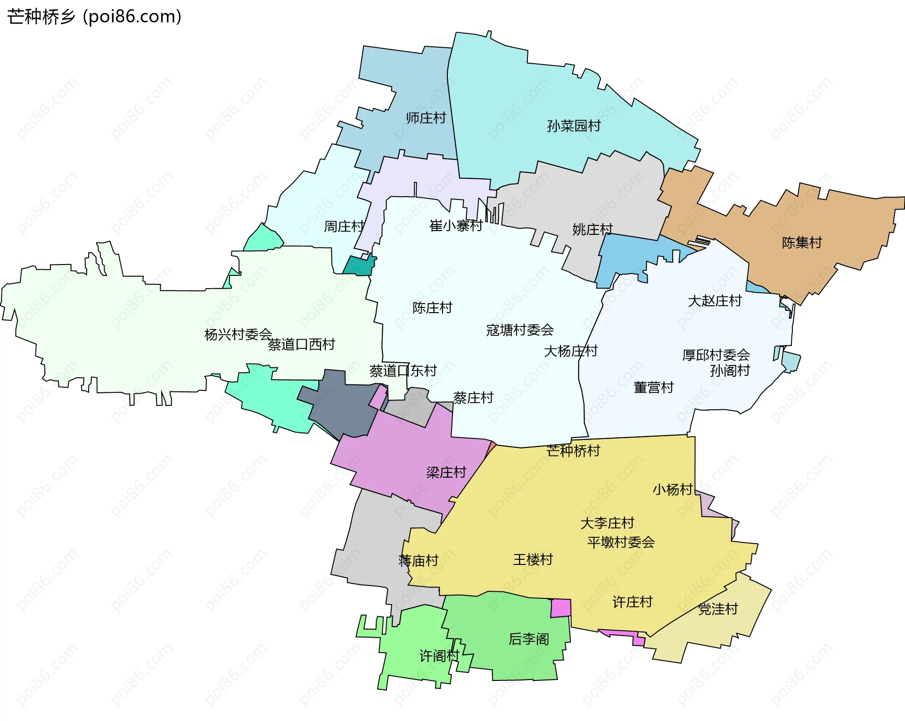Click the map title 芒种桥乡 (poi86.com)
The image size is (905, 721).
[x=94, y=17]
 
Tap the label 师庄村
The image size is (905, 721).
[x=426, y=118]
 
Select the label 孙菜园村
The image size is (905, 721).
[x=574, y=126]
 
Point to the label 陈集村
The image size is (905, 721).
[x=801, y=243]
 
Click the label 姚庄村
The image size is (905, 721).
[x=592, y=230]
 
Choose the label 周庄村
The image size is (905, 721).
[x=344, y=227]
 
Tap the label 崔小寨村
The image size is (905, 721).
[x=455, y=226]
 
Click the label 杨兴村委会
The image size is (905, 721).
[x=238, y=334]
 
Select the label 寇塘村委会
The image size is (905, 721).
[x=519, y=330]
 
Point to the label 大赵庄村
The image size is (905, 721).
[x=714, y=301]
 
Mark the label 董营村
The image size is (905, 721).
[x=653, y=388]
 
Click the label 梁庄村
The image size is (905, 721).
[x=445, y=472]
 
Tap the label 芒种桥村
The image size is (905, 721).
[x=573, y=451]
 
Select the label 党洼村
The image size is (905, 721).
[x=717, y=609]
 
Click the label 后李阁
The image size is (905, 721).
[x=528, y=639]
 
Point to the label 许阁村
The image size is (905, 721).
[x=439, y=656]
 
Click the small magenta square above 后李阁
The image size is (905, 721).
[x=561, y=608]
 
